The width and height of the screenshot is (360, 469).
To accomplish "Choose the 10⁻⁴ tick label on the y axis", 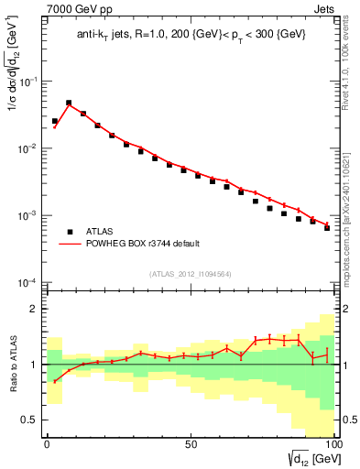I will click(30, 282).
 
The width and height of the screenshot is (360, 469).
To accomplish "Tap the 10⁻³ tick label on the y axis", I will click(30, 215).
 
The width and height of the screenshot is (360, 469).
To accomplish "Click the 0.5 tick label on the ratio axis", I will click(31, 420).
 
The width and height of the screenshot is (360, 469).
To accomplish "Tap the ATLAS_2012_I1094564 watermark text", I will click(189, 272).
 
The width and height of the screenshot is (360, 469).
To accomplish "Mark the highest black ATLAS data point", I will click(69, 104).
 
